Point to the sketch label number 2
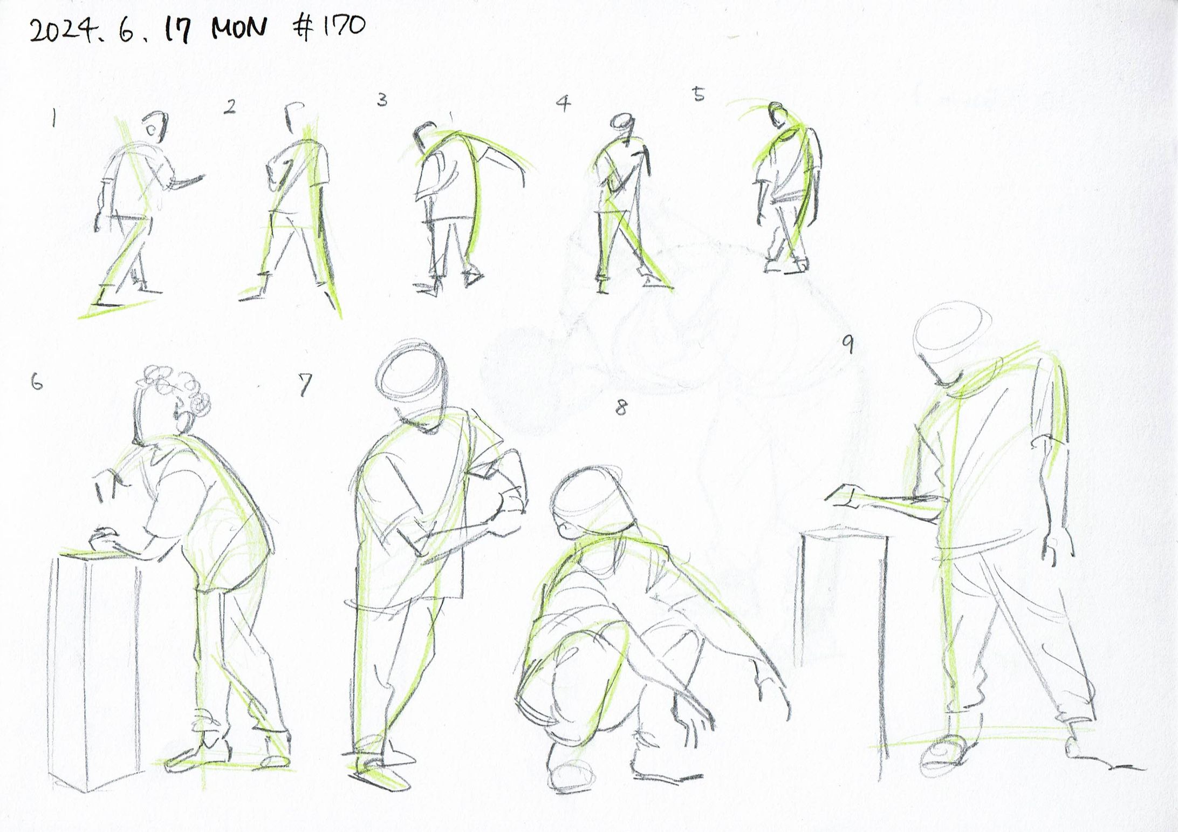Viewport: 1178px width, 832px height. [x=230, y=107]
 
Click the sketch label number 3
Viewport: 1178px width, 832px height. [x=382, y=100]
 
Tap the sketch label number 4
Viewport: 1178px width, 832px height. [x=564, y=103]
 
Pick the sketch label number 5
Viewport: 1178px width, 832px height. [x=698, y=94]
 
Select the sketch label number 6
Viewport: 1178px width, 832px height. [x=37, y=382]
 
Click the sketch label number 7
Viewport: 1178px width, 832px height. [x=305, y=385]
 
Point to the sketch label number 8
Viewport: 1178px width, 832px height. [x=621, y=408]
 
